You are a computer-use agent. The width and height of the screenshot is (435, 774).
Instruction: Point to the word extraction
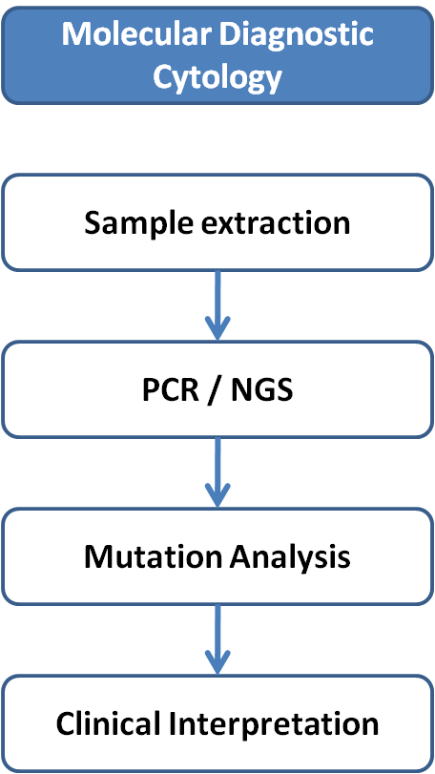[x=274, y=223]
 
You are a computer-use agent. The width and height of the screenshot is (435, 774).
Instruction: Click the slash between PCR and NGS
[x=214, y=391]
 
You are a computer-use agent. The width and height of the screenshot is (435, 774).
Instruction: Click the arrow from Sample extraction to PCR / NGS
[x=217, y=305]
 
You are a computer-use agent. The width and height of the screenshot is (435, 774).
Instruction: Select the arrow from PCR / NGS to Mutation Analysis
[x=217, y=471]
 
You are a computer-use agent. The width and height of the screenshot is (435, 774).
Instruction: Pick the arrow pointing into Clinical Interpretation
[x=217, y=639]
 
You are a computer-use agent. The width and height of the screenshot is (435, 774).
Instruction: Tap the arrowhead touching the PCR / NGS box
[x=217, y=327]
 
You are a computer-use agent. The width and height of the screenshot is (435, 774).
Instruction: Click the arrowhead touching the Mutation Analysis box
[x=217, y=494]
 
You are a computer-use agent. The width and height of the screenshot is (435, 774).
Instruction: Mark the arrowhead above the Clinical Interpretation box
[x=217, y=661]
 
